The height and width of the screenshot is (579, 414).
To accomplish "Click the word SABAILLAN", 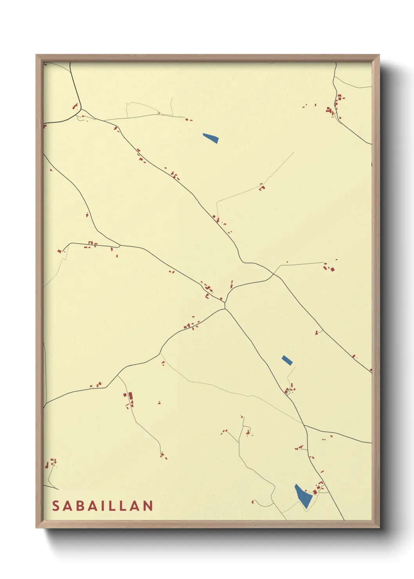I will click(x=103, y=506).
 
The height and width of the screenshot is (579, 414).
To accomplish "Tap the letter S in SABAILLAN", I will click(x=56, y=506).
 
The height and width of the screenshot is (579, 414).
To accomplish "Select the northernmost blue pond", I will click(x=211, y=138).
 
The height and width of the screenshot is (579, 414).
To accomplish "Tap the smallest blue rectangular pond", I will click(x=287, y=360).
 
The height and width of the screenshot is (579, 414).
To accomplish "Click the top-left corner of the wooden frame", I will click(x=36, y=55).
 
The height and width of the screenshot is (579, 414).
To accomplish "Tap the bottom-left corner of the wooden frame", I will click(x=36, y=527).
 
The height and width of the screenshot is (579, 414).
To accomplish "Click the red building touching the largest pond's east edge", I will click(x=315, y=492).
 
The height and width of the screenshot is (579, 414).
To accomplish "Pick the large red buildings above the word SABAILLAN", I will click(x=129, y=398).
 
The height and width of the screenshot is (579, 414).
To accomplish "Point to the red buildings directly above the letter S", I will click(x=50, y=464).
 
